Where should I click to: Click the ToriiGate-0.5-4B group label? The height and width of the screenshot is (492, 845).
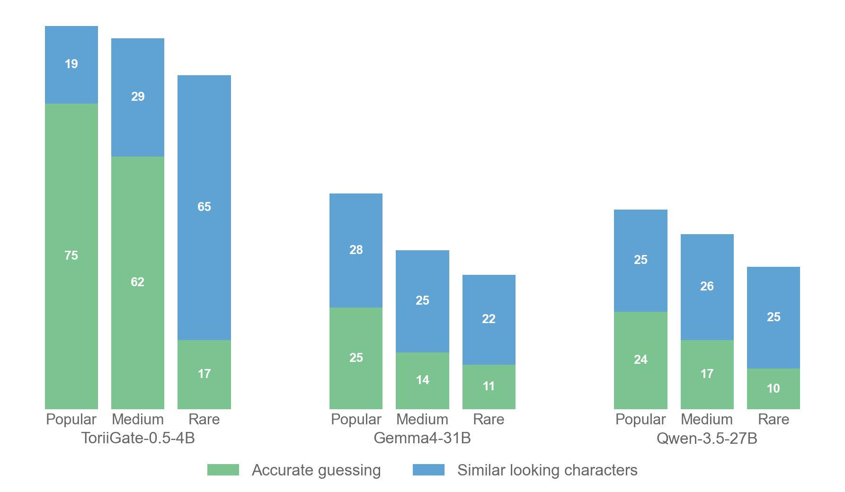tap(138, 438)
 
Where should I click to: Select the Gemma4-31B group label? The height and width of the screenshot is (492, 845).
tap(422, 438)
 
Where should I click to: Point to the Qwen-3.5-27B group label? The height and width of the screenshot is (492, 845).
tap(707, 439)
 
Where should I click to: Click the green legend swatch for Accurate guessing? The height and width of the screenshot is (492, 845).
tap(223, 470)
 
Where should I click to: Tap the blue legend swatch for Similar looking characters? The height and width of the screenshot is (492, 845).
tap(428, 470)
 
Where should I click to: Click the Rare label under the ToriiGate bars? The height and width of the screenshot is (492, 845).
tap(204, 419)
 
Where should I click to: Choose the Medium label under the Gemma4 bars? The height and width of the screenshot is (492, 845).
tap(422, 419)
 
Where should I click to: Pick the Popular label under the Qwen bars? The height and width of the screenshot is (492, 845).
tap(640, 419)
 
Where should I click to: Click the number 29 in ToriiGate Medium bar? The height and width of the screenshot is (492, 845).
tap(138, 97)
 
